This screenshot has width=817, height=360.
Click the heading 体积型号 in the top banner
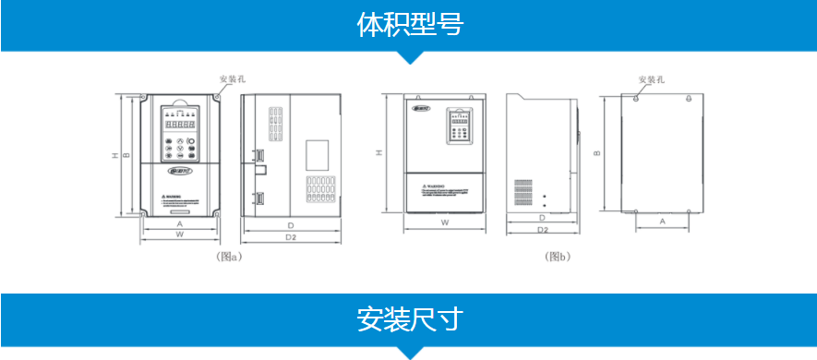coord(408,25)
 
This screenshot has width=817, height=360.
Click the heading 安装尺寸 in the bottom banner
coord(408,319)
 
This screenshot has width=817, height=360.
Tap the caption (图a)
coord(228,257)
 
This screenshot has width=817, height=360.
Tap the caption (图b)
coord(559,257)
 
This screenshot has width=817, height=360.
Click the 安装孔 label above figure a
coord(232,78)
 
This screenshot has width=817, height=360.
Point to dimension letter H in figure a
coord(114,155)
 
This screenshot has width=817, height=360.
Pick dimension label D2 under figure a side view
coord(290,237)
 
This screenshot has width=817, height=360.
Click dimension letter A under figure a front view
coord(179,223)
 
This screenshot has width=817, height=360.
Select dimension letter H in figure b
coord(379,153)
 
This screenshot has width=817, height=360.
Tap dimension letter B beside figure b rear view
coord(597,153)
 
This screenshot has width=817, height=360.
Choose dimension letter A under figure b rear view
coord(662,222)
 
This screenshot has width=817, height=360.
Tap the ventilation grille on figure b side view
coord(523,192)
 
